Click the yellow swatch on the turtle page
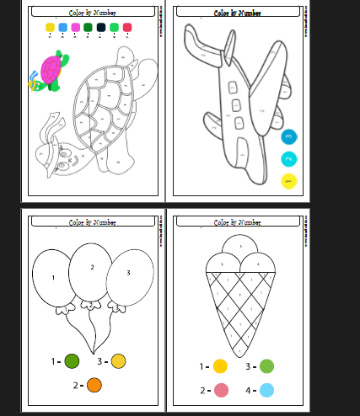50,28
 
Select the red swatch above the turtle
127,28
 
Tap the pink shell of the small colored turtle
51,67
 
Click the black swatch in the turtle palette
101,28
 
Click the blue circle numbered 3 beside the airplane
288,136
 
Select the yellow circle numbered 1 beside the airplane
288,181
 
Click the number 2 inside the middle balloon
93,267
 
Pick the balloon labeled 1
52,277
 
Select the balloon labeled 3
128,273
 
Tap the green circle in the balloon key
72,361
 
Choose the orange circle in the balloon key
94,385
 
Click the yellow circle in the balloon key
119,361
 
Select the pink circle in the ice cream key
221,390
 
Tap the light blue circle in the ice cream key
267,390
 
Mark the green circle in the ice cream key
266,366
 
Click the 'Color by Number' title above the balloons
93,222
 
